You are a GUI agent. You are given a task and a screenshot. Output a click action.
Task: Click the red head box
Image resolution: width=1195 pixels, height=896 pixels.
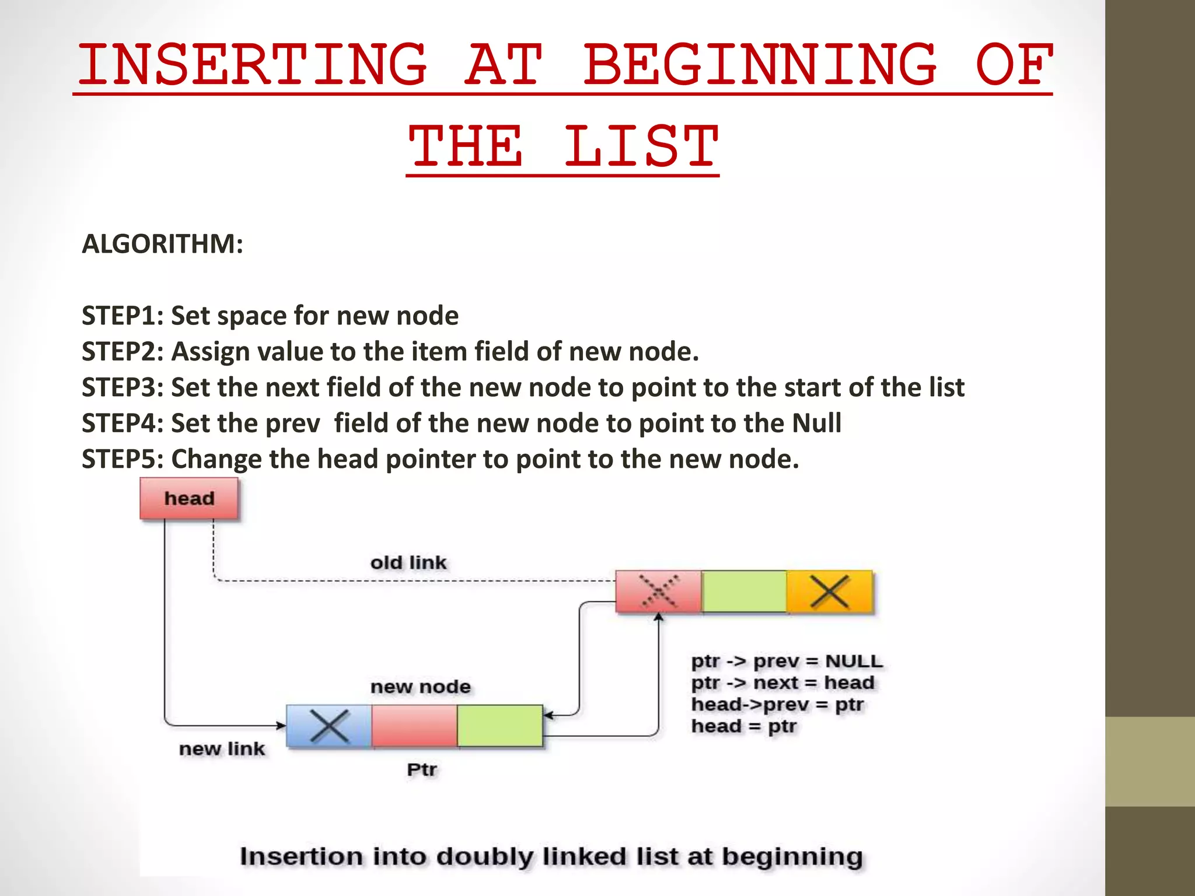(x=189, y=499)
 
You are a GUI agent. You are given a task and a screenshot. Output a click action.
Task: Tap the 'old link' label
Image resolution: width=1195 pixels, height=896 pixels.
(x=408, y=563)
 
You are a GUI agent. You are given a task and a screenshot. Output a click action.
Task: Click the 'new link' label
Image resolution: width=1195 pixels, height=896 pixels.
(x=222, y=749)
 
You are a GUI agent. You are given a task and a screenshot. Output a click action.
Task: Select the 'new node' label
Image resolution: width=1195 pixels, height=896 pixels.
(x=421, y=687)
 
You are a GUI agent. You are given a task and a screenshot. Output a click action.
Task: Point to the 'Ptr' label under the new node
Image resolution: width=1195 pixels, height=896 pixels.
(x=422, y=770)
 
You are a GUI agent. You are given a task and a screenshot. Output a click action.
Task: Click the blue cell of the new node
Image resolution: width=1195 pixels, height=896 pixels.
(x=329, y=726)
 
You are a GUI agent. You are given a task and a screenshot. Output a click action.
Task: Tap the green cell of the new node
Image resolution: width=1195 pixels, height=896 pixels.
(x=500, y=726)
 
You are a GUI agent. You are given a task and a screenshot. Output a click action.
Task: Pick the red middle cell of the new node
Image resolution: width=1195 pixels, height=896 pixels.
(x=414, y=726)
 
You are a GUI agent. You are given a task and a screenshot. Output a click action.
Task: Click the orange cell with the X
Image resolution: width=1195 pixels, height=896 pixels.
(x=830, y=592)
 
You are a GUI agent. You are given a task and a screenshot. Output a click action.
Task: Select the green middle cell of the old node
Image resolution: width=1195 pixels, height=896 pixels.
(x=744, y=592)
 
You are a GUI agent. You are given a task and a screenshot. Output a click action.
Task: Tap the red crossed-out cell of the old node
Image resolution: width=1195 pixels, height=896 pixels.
(x=659, y=592)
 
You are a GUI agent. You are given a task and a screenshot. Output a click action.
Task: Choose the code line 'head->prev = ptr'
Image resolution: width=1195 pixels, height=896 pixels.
(x=777, y=705)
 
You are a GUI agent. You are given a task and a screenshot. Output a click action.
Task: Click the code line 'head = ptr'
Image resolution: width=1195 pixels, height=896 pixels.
(x=744, y=726)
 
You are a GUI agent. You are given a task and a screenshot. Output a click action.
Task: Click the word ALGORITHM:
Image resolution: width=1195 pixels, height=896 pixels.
(x=162, y=244)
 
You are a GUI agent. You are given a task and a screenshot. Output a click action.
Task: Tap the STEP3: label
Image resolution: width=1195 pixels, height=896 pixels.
(x=123, y=388)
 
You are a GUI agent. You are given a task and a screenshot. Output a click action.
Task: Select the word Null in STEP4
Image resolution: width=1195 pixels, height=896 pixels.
(x=816, y=423)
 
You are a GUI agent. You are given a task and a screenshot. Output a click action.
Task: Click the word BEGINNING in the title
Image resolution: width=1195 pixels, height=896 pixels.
(x=760, y=65)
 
